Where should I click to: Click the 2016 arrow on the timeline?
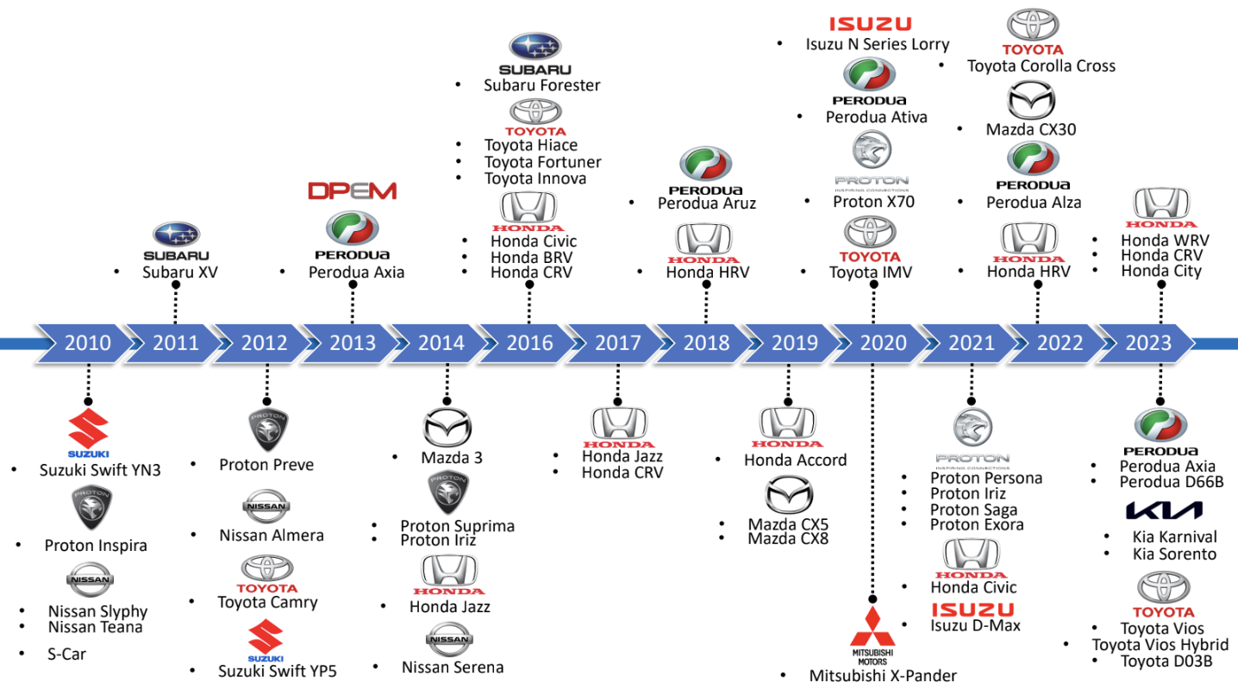[x=529, y=343]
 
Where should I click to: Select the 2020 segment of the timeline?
[x=883, y=343]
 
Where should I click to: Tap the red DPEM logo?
[x=353, y=191]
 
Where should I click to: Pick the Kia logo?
[x=1163, y=510]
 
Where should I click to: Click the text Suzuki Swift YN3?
[x=100, y=470]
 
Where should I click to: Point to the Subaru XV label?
[x=179, y=272]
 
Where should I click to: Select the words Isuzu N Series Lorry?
[x=877, y=44]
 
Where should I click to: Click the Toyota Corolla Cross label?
[x=1041, y=66]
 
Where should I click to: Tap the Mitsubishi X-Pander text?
[x=882, y=676]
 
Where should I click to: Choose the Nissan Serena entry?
[x=452, y=667]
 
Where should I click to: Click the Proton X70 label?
[x=873, y=202]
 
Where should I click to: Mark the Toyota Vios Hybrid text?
[x=1160, y=645]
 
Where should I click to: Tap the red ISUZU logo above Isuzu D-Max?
[x=972, y=610]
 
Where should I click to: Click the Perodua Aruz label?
[x=706, y=203]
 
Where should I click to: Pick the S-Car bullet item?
[x=66, y=654]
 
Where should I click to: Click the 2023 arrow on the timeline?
[x=1147, y=343]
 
